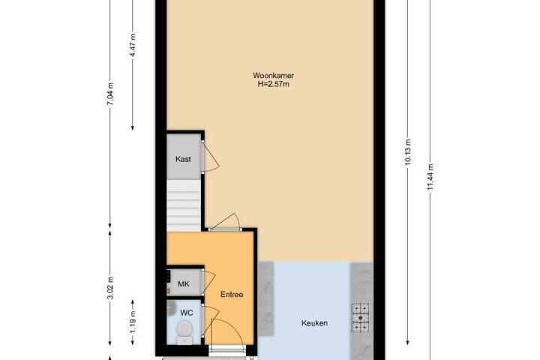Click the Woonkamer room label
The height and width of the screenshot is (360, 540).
(273, 76)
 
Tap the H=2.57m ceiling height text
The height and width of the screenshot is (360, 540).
(274, 84)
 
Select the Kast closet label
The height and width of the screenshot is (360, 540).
(183, 159)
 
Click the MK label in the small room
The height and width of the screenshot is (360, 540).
(184, 284)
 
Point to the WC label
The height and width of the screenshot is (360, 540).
(187, 313)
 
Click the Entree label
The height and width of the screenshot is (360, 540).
(232, 295)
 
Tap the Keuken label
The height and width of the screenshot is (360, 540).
(314, 323)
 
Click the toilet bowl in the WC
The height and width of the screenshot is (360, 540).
(185, 331)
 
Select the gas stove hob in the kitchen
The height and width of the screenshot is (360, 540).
(360, 317)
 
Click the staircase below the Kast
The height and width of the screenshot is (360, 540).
(184, 205)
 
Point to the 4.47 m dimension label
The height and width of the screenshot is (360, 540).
(133, 46)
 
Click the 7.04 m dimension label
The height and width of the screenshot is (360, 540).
(110, 94)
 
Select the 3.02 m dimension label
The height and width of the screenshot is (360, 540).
(110, 288)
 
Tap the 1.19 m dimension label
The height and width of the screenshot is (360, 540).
(133, 322)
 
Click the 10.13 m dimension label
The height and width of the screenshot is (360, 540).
(408, 152)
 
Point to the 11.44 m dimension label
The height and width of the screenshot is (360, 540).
(430, 177)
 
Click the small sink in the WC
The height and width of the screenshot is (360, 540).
(171, 308)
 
